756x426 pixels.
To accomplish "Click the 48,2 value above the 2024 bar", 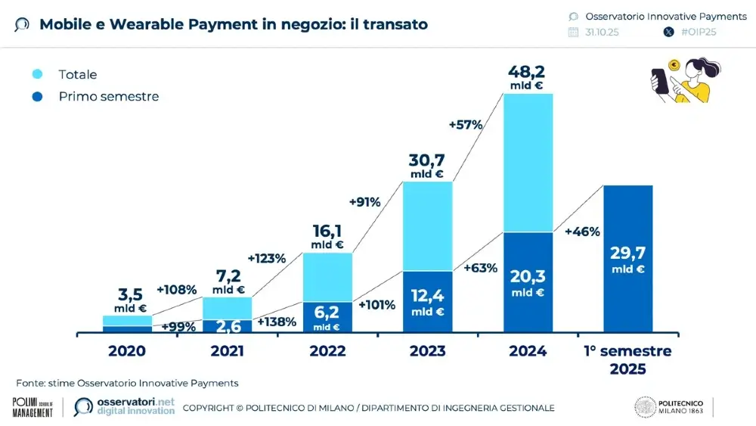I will click(x=528, y=73).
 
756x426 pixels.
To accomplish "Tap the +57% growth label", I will click(x=465, y=125).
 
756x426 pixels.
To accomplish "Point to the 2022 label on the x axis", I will click(x=327, y=351).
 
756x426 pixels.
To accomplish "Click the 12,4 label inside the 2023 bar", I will click(x=427, y=295).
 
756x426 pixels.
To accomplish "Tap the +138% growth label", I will click(x=277, y=322).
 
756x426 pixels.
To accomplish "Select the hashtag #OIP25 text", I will click(x=699, y=32).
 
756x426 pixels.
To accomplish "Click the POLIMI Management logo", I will click(x=33, y=407).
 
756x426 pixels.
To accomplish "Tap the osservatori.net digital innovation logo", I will click(x=125, y=407).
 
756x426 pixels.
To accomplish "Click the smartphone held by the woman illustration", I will click(x=658, y=79).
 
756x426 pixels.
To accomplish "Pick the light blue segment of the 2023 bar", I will click(x=427, y=225).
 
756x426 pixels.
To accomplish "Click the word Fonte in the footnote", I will click(x=30, y=383).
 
